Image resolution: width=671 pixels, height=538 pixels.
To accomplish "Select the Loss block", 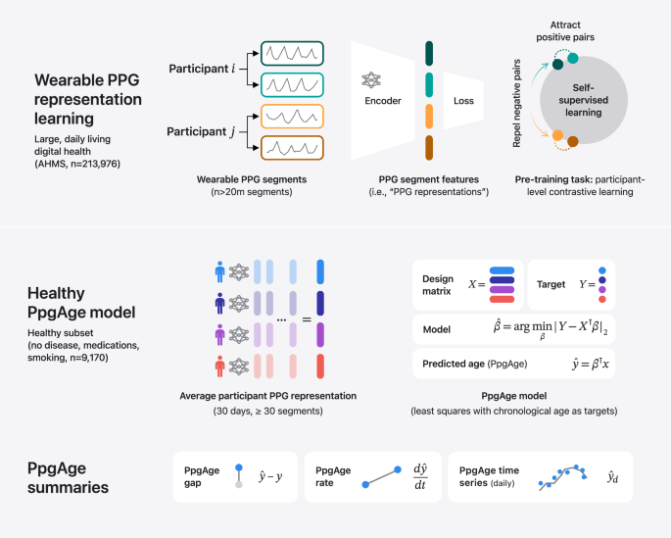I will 464,100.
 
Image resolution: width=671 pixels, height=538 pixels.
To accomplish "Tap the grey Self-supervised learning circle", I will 600,101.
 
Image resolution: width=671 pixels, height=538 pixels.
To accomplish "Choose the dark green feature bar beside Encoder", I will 429,53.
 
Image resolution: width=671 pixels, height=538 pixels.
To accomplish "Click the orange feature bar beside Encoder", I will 429,117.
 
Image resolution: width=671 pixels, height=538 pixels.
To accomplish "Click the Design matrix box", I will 466,283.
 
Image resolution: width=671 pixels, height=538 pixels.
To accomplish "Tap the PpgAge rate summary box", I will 371,476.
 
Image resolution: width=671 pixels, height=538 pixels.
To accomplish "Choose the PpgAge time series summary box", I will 540,476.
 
